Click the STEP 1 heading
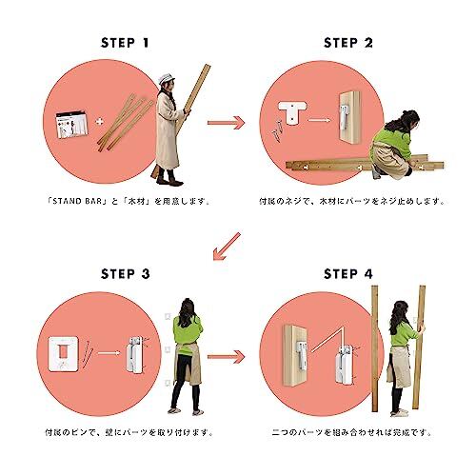point(125,43)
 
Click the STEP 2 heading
point(348,43)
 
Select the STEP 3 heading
point(126,274)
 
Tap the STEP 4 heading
point(348,274)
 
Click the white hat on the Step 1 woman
point(166,78)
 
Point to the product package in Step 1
point(71,124)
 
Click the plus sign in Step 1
point(100,122)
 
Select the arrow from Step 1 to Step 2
point(226,123)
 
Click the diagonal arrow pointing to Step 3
point(227,247)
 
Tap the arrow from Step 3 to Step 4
point(226,357)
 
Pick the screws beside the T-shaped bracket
point(277,130)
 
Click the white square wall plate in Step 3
point(63,354)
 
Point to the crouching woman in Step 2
point(393,146)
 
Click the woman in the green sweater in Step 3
point(187,356)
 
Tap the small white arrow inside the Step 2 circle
point(320,120)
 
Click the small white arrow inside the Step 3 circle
point(109,353)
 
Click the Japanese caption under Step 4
point(351,432)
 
